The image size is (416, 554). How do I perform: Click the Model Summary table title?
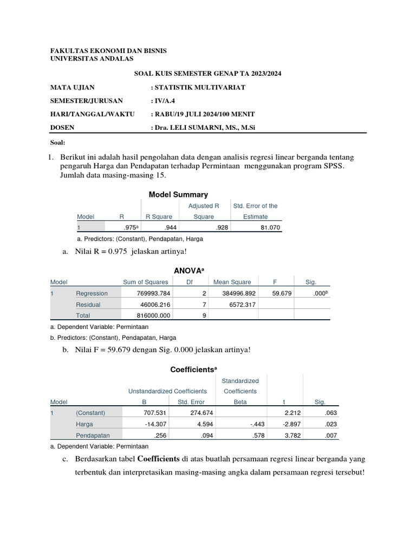(x=178, y=195)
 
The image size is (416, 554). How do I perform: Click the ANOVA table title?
(x=187, y=270)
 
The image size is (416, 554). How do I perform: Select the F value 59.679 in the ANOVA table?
(x=282, y=294)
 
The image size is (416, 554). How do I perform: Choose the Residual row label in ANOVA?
(x=88, y=305)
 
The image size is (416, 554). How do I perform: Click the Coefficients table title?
(x=193, y=369)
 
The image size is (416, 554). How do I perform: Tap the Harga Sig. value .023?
(x=320, y=424)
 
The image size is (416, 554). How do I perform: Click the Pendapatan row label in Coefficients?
(x=93, y=436)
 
